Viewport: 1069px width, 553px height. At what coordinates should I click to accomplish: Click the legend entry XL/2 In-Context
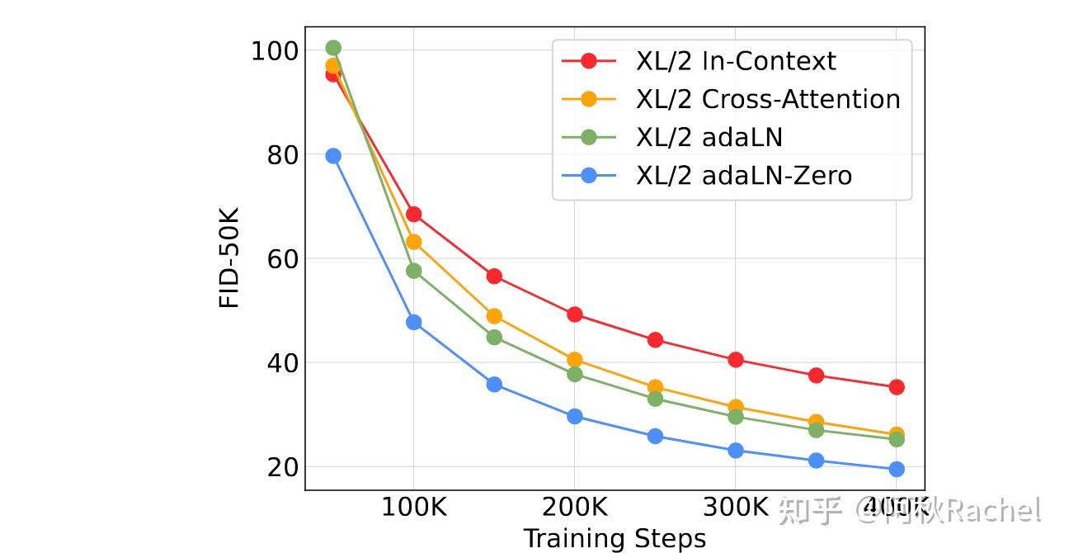pos(735,61)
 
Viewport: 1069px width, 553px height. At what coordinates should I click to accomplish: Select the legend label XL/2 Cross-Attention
pos(767,99)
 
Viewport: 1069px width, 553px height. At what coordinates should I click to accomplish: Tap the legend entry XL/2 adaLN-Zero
pos(743,175)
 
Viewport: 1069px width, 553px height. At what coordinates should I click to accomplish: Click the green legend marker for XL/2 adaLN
pos(589,137)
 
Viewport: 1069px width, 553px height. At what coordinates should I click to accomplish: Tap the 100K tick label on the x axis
pos(413,507)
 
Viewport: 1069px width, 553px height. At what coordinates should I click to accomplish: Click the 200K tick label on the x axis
pos(575,507)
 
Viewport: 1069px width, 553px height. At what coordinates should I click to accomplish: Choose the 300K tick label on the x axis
pos(736,507)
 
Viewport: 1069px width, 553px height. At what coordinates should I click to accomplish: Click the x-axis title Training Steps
pos(615,538)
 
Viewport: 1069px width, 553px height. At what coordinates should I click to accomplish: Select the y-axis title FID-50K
pos(229,258)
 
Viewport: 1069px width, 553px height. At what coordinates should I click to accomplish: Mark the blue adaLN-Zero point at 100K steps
pos(414,322)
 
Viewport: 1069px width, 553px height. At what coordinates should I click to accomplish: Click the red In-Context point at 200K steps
pos(575,314)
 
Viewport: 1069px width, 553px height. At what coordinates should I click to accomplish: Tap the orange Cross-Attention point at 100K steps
pos(414,242)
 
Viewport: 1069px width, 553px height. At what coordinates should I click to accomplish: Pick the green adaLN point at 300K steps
pos(736,417)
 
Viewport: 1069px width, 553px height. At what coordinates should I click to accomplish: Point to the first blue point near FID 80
pos(333,156)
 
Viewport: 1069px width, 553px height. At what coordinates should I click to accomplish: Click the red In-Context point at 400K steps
pos(897,387)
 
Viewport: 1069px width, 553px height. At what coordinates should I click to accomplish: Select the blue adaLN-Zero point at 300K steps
pos(736,451)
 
